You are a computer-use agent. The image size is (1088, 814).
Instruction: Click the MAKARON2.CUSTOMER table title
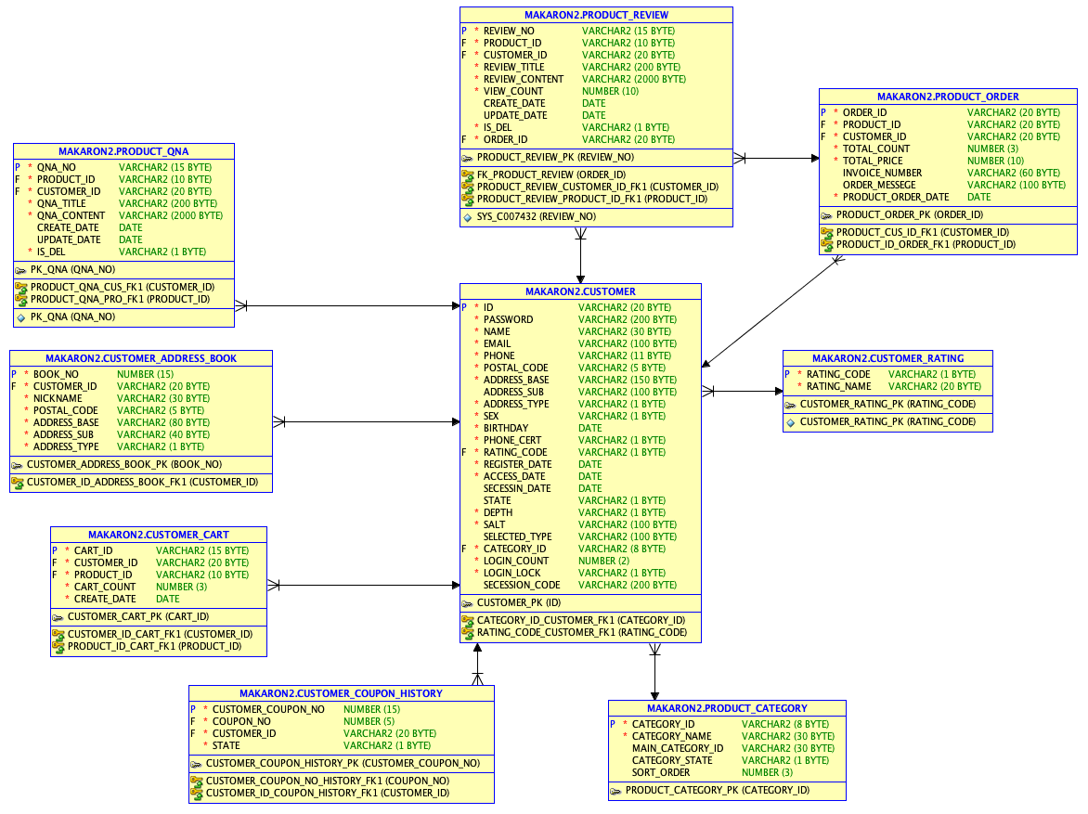click(580, 291)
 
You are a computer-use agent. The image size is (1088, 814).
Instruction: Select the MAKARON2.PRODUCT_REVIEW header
click(596, 15)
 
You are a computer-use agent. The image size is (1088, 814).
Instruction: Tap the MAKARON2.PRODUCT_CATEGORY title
click(727, 708)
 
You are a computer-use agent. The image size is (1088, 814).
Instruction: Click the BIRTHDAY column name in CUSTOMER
click(506, 428)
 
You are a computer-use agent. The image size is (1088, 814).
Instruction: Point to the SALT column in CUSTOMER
click(494, 524)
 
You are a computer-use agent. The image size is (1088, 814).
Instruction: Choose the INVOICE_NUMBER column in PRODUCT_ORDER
click(882, 173)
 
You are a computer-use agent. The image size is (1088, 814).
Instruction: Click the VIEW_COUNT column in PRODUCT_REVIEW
click(513, 91)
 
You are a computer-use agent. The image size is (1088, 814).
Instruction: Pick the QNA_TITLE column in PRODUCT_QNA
click(61, 203)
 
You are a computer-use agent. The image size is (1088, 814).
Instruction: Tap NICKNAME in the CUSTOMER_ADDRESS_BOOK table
click(58, 398)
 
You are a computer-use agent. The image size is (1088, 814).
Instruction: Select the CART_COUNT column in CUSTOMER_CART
click(105, 587)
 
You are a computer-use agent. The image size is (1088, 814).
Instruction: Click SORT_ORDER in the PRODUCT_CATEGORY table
click(661, 772)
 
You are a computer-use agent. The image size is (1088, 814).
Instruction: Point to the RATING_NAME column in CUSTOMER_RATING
click(838, 386)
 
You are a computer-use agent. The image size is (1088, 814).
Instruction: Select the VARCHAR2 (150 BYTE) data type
click(628, 380)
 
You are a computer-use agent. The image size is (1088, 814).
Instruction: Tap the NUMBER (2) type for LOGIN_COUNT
click(603, 561)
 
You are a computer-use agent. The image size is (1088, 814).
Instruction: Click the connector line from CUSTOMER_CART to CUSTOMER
click(364, 585)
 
